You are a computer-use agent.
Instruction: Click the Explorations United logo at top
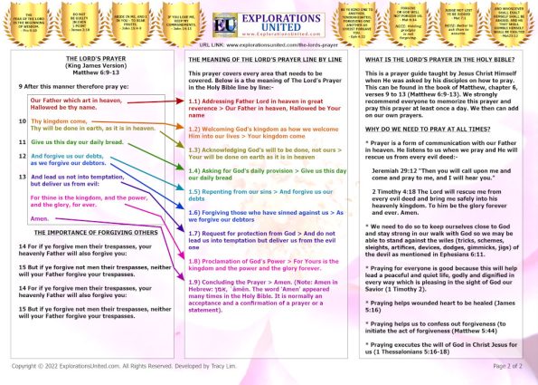pos(269,21)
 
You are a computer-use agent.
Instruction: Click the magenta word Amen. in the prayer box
pos(41,218)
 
